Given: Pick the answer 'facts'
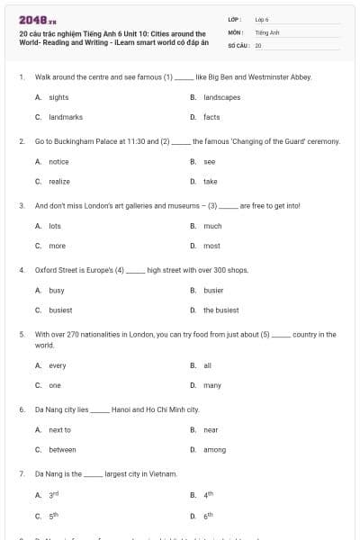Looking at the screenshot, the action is pyautogui.click(x=211, y=117).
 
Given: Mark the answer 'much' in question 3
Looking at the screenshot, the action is pyautogui.click(x=212, y=226).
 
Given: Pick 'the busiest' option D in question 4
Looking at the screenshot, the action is pyautogui.click(x=220, y=310).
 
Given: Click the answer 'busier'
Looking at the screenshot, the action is pyautogui.click(x=213, y=291).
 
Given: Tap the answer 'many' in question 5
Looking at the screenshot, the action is pyautogui.click(x=212, y=385).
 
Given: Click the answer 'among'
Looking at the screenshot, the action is pyautogui.click(x=214, y=449).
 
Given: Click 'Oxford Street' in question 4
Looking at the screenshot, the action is pyautogui.click(x=55, y=270).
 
